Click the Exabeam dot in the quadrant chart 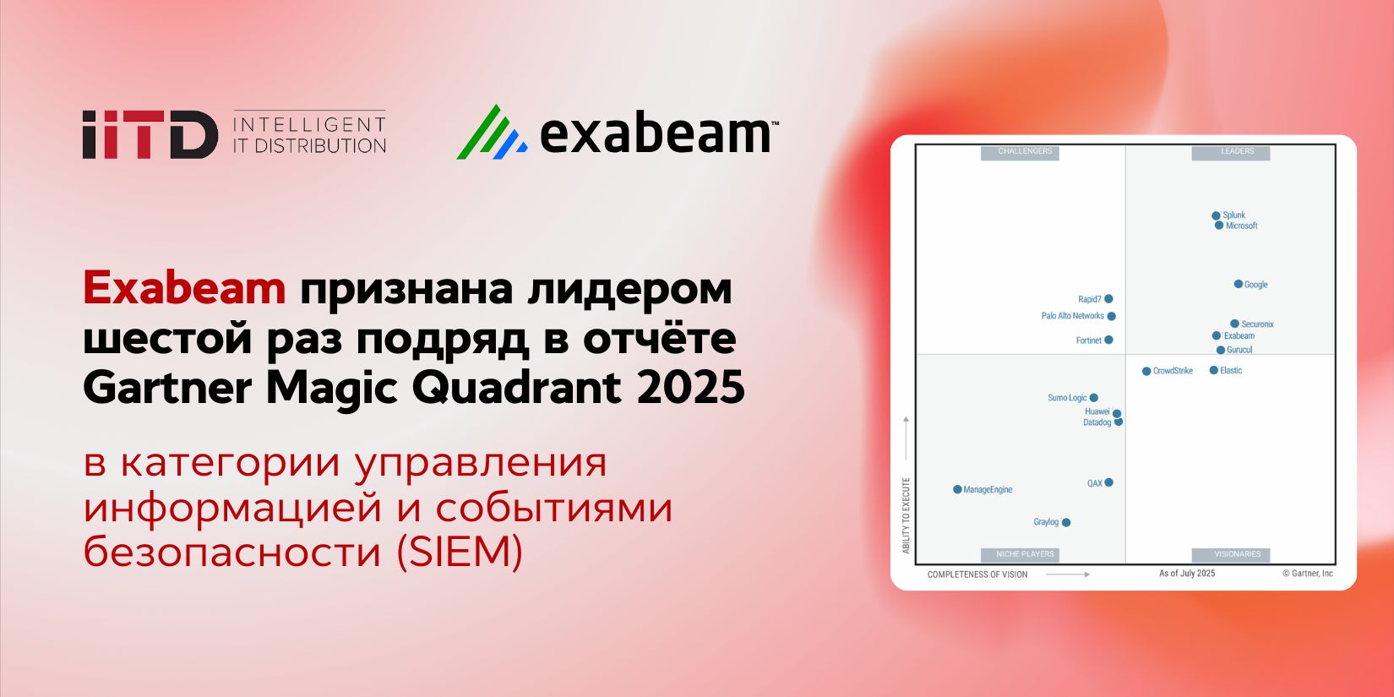pos(1217,336)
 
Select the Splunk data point pos(1216,216)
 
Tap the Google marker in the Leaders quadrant pos(1239,285)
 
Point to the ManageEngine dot pos(957,490)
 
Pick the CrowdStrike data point pos(1146,372)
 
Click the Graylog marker pos(1066,523)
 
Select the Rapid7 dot pos(1108,299)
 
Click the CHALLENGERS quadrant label pos(1025,152)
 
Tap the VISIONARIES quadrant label pos(1237,555)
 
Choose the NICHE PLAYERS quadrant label pos(1025,555)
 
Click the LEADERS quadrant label pos(1237,152)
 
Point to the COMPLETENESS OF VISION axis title pos(977,574)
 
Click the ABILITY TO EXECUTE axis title pos(907,515)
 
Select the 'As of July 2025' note pos(1187,574)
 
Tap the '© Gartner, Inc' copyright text pos(1307,574)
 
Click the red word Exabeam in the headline pos(184,289)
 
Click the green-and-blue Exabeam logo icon pos(492,133)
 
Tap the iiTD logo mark pos(150,134)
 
